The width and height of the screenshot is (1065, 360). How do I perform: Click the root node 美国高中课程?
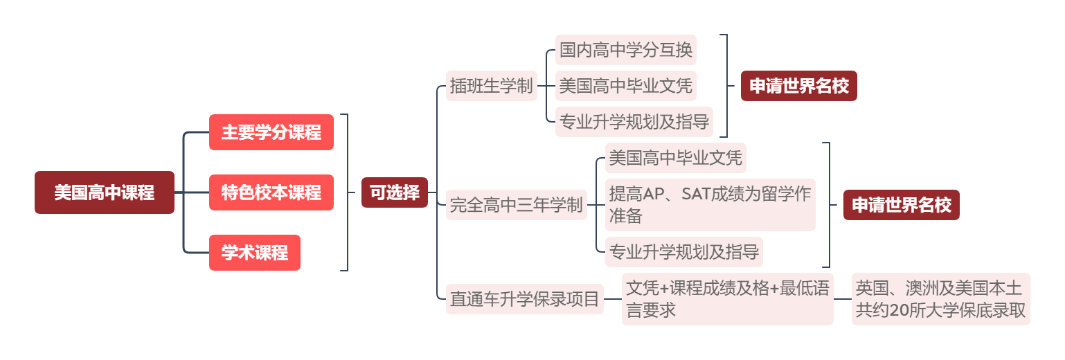click(x=105, y=192)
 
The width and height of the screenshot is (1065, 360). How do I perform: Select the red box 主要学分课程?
click(x=271, y=132)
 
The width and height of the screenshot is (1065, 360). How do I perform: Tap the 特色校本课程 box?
click(x=271, y=192)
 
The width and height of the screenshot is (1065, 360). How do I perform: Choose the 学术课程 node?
click(x=254, y=253)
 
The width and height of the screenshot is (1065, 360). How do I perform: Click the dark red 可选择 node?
click(x=395, y=192)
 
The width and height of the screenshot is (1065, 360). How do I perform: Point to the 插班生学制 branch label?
click(x=491, y=86)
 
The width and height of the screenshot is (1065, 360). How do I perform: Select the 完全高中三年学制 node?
click(x=516, y=205)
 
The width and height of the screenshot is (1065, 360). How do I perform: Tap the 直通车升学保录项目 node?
click(x=524, y=299)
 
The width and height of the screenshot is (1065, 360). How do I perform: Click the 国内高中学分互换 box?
click(x=625, y=50)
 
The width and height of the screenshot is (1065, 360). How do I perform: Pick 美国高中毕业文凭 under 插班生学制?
click(x=625, y=86)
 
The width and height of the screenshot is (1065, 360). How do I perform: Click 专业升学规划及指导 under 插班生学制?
click(x=634, y=122)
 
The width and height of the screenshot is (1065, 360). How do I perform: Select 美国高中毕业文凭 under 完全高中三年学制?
click(x=675, y=159)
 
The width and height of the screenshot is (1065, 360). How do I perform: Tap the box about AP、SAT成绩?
click(x=709, y=205)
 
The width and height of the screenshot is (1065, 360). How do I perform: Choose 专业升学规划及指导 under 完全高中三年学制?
click(x=683, y=251)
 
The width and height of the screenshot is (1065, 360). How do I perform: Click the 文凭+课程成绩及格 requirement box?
click(x=727, y=299)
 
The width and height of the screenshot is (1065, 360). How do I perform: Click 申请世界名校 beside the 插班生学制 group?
click(x=798, y=86)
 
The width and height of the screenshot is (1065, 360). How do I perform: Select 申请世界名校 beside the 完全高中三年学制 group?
click(x=901, y=205)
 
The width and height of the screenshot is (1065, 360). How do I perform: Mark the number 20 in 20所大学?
click(x=899, y=311)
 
